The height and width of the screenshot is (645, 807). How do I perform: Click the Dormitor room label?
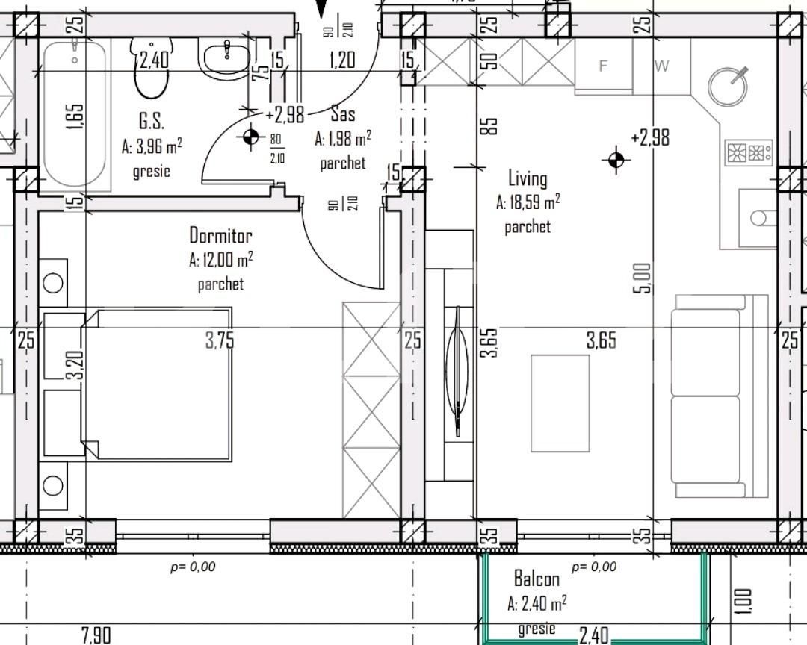pyautogui.click(x=220, y=236)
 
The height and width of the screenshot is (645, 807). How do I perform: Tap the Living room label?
pyautogui.click(x=528, y=178)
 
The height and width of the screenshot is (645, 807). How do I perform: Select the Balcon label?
pyautogui.click(x=537, y=579)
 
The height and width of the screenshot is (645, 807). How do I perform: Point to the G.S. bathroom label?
pyautogui.click(x=151, y=122)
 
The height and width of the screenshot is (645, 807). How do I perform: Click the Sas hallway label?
pyautogui.click(x=343, y=114)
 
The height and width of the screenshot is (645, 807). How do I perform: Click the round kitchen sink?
pyautogui.click(x=728, y=86)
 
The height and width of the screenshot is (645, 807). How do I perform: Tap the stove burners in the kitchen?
pyautogui.click(x=748, y=153)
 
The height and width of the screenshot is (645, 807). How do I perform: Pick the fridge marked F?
pyautogui.click(x=604, y=66)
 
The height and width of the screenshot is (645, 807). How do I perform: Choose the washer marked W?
pyautogui.click(x=662, y=66)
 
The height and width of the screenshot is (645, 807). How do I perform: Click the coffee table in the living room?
pyautogui.click(x=560, y=402)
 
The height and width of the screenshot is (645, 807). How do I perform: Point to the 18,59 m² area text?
pyautogui.click(x=528, y=202)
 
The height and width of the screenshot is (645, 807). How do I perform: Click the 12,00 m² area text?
pyautogui.click(x=221, y=260)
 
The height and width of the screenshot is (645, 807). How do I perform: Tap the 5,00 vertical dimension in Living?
pyautogui.click(x=643, y=278)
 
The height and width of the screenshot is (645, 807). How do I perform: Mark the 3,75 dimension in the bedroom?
pyautogui.click(x=220, y=340)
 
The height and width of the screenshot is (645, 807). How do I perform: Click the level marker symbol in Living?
pyautogui.click(x=616, y=159)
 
